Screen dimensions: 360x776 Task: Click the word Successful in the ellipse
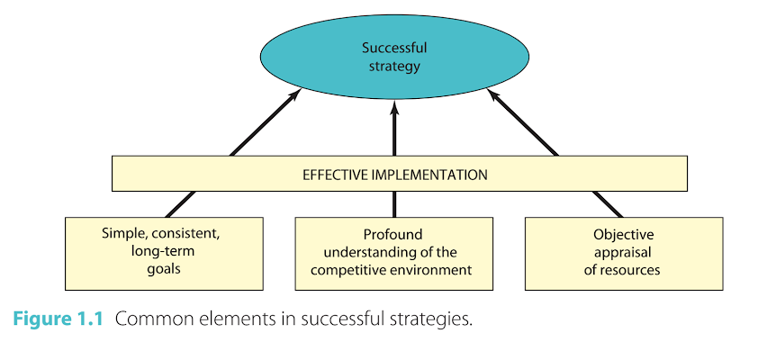point(393,48)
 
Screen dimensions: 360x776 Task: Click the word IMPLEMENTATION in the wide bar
point(428,175)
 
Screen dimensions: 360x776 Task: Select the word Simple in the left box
point(122,233)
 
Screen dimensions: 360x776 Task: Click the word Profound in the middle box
point(393,233)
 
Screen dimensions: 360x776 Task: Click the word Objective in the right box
point(624,234)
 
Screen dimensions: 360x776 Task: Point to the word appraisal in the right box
point(624,251)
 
